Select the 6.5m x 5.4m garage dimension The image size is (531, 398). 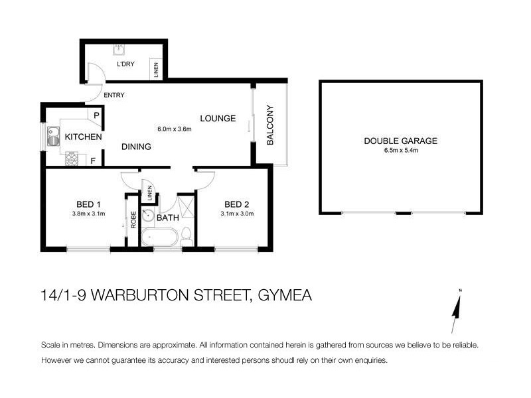[401, 151]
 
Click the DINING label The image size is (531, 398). [136, 147]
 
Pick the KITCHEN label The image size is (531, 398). [83, 137]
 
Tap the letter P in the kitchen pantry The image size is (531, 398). [96, 115]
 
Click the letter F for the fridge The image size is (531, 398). [93, 160]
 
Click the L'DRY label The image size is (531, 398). [126, 64]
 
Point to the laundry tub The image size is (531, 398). [119, 48]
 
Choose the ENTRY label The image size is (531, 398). [114, 95]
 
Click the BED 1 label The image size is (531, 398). [88, 204]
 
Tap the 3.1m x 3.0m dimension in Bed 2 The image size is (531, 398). [237, 214]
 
